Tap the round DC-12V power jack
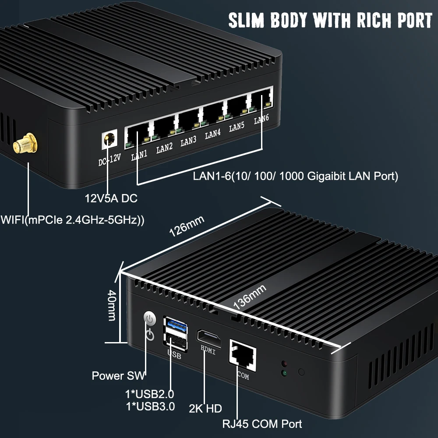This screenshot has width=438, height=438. [109, 140]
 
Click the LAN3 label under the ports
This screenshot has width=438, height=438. [188, 141]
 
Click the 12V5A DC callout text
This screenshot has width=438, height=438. [111, 198]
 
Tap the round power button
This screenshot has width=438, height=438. [150, 318]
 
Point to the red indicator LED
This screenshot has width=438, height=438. [284, 364]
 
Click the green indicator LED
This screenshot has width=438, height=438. [284, 374]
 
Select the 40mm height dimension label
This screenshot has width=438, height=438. [112, 305]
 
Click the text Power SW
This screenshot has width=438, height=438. [118, 376]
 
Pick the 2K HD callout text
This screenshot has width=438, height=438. [205, 409]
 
